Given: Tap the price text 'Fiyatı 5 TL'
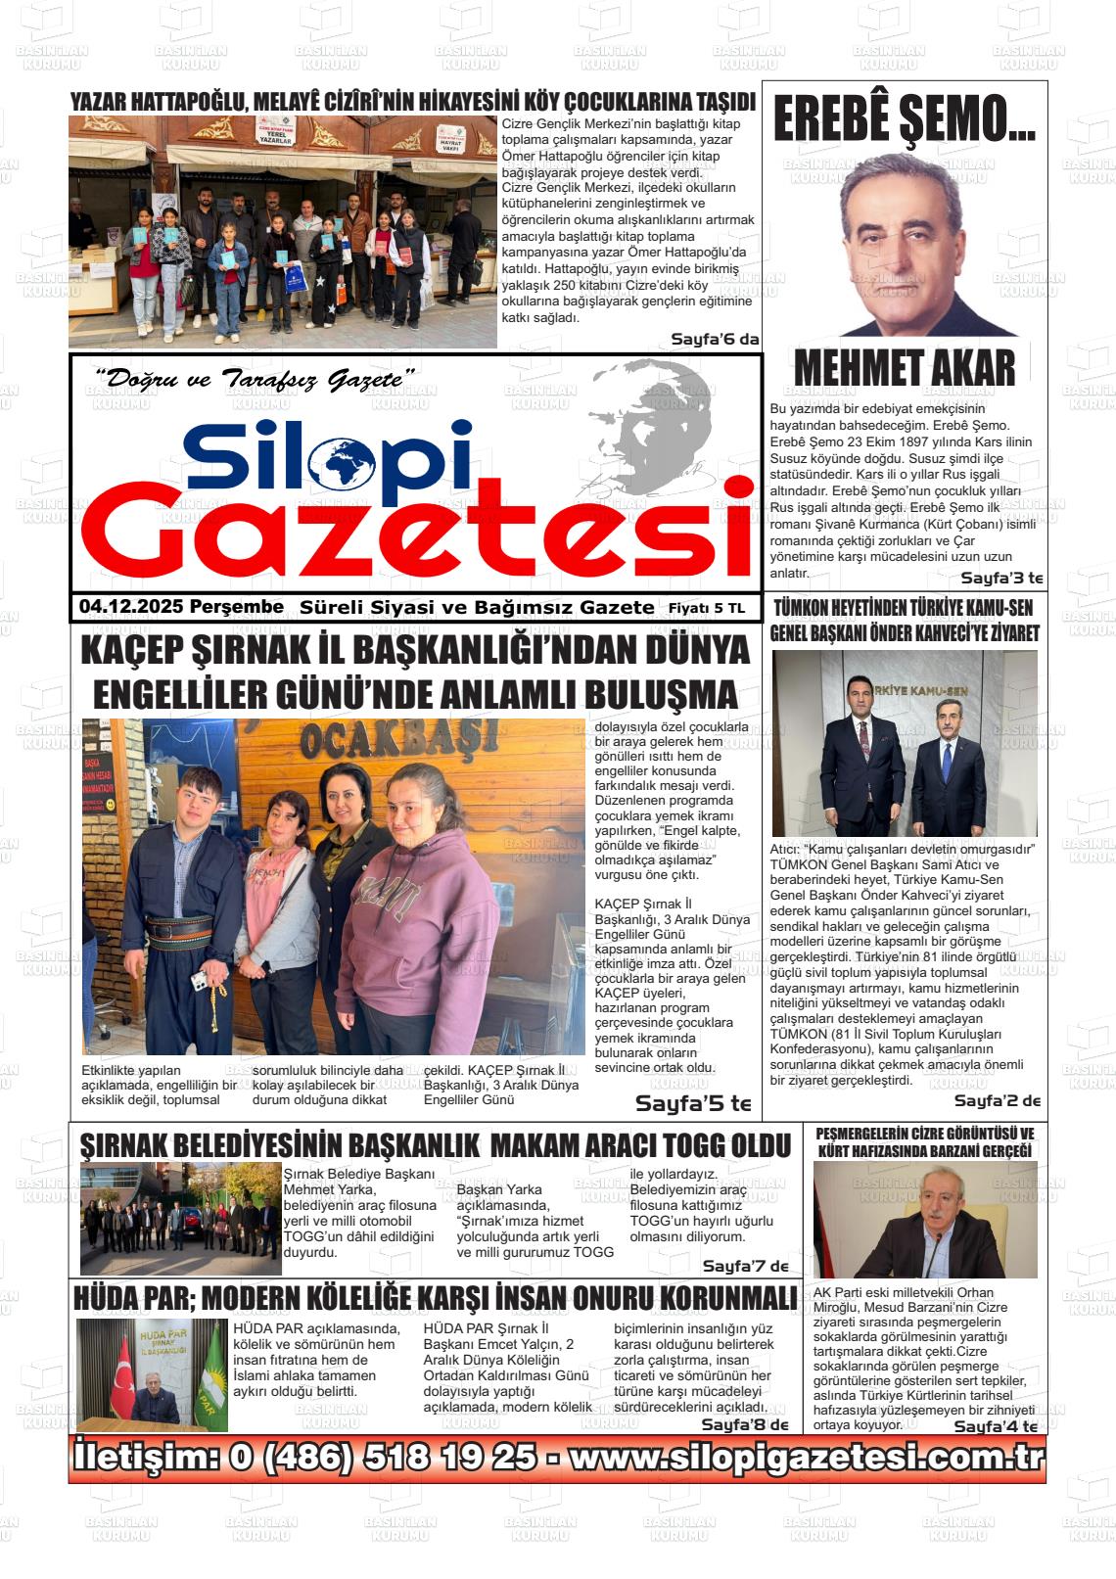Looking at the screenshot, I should [x=706, y=608].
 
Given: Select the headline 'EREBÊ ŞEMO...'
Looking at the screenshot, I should [x=904, y=120].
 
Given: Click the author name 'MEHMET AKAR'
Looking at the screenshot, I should [x=904, y=368].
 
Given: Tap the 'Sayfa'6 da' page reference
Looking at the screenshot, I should [x=715, y=339].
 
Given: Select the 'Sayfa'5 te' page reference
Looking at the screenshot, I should [x=693, y=1103].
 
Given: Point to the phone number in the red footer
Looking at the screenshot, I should [x=382, y=1458].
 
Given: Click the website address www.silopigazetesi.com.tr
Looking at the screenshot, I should [x=807, y=1458].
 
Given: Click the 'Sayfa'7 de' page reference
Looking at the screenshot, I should [x=745, y=1266].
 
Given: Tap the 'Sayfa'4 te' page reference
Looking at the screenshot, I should [x=996, y=1426].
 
